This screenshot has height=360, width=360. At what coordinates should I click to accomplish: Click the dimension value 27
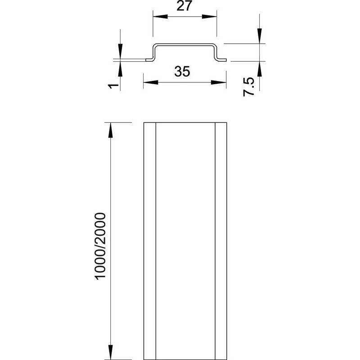click(x=184, y=6)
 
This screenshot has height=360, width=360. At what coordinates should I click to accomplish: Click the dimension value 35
click(x=182, y=72)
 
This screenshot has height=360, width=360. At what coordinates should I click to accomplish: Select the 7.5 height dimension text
click(x=249, y=87)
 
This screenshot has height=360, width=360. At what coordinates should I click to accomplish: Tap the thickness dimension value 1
click(x=113, y=86)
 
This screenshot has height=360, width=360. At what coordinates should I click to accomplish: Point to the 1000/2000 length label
click(x=100, y=246)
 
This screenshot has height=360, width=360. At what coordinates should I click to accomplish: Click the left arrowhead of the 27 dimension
click(x=160, y=17)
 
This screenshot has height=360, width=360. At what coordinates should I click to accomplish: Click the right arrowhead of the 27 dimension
click(x=209, y=17)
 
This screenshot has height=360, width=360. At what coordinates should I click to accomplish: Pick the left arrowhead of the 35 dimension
click(x=151, y=82)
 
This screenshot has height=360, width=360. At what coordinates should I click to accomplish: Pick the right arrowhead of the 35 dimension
click(x=219, y=82)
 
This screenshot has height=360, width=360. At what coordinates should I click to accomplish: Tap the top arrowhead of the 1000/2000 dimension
click(x=110, y=130)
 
